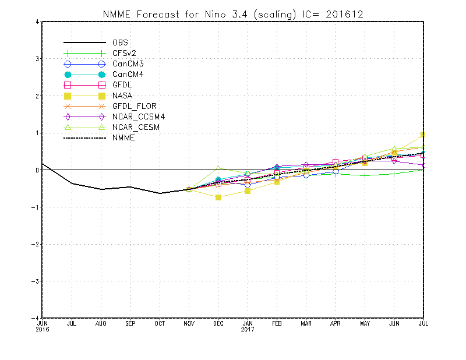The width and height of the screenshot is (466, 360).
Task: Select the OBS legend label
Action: [121, 43]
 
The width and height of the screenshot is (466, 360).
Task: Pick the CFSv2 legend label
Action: [124, 53]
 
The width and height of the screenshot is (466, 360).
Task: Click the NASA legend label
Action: [122, 96]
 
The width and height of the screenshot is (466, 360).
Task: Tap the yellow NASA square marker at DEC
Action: [218, 197]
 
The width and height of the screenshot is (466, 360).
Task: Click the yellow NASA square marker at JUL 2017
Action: [423, 135]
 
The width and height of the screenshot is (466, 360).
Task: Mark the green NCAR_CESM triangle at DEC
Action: [218, 168]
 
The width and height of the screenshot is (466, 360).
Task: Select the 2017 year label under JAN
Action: [248, 329]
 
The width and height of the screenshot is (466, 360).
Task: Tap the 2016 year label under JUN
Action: [43, 329]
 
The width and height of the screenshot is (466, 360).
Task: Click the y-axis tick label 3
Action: [37, 59]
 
